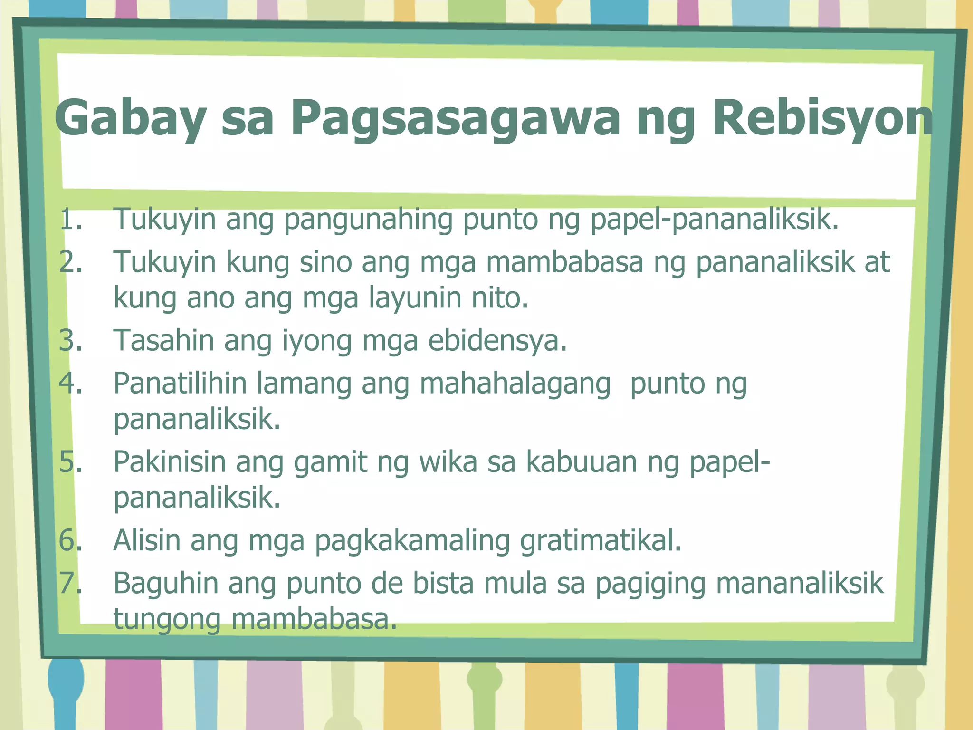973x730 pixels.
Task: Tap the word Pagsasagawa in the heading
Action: (456, 119)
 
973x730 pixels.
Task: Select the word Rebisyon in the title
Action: (822, 119)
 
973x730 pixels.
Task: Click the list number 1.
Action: (71, 220)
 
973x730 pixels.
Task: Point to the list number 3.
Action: (71, 341)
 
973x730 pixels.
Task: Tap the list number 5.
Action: (71, 462)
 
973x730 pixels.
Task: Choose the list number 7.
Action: (71, 583)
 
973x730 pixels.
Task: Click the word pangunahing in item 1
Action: (368, 220)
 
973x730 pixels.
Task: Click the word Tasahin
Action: (163, 341)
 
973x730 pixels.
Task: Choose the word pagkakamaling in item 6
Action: (412, 541)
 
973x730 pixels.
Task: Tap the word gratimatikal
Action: (601, 541)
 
